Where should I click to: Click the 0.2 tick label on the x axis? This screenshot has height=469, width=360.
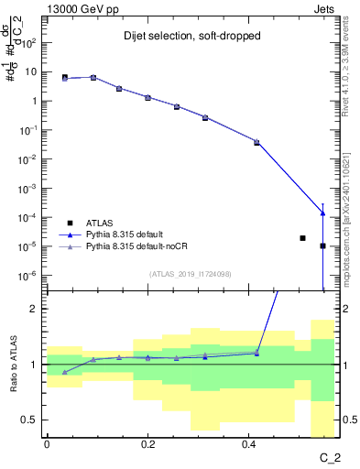[x=147, y=443]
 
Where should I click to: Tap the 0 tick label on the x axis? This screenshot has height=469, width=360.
[x=47, y=443]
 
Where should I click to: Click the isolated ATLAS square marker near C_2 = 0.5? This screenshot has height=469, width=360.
[x=302, y=238]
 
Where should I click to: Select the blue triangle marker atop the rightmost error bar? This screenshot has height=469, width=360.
[x=322, y=213]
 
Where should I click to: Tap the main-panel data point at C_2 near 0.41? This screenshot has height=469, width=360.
[x=256, y=142]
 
